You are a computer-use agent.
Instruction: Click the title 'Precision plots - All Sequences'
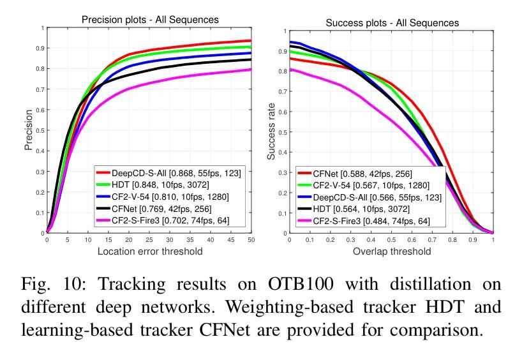pos(150,20)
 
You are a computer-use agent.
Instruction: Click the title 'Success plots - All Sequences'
pos(392,23)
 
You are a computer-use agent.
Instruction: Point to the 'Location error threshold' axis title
pos(150,251)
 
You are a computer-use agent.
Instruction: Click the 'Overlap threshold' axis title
pos(392,251)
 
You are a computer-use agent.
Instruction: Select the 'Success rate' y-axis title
pos(272,131)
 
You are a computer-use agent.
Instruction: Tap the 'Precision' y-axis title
pos(29,130)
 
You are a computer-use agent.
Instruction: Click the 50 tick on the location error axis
pos(251,241)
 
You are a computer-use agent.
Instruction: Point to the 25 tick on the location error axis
pos(149,241)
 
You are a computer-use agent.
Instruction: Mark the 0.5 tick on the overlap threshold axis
pos(391,241)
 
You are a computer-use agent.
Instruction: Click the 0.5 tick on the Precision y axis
pos(41,130)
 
